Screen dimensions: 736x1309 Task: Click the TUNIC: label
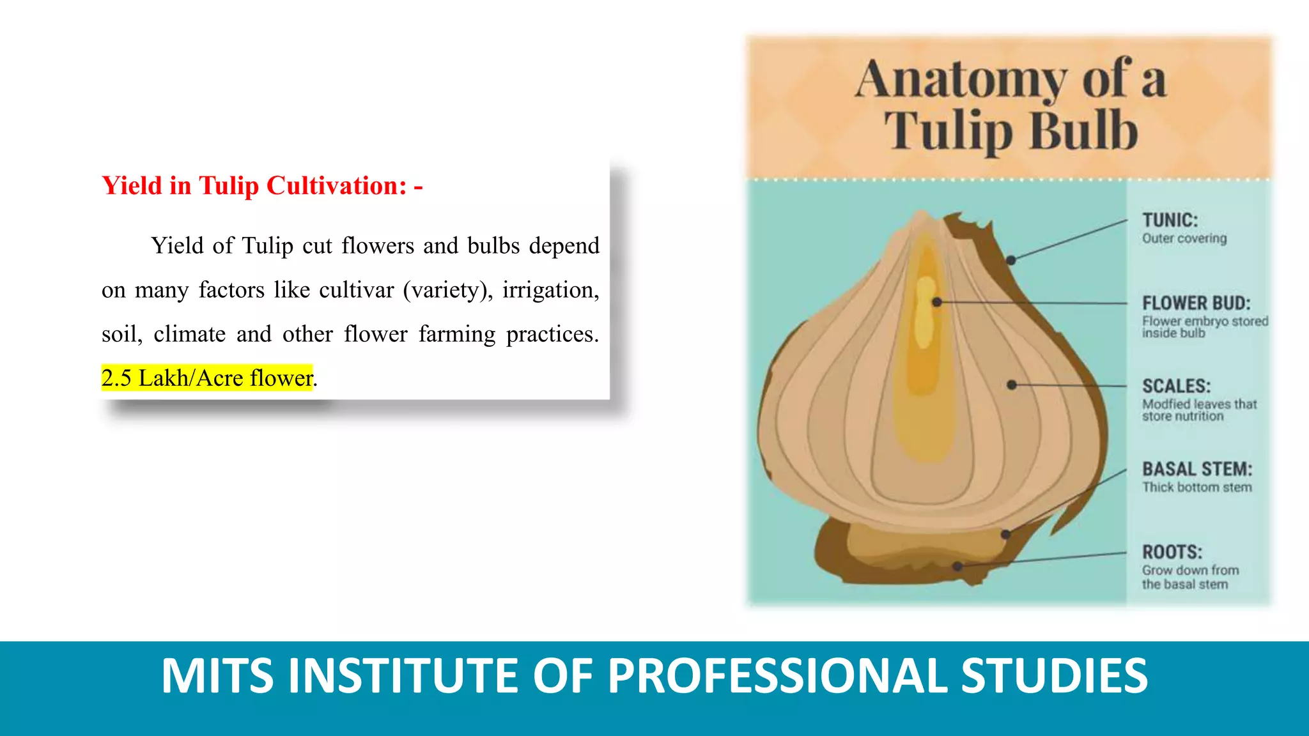pyautogui.click(x=1170, y=220)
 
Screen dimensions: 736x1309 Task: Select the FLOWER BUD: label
pyautogui.click(x=1196, y=303)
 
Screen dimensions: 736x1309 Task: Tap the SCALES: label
pyautogui.click(x=1176, y=386)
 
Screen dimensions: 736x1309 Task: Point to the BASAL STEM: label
pyautogui.click(x=1197, y=469)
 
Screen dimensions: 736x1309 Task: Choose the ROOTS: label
pyautogui.click(x=1172, y=552)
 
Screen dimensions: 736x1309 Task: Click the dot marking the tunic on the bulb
pyautogui.click(x=1011, y=260)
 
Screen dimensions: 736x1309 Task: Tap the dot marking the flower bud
pyautogui.click(x=936, y=302)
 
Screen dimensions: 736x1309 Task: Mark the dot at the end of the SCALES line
pyautogui.click(x=1011, y=385)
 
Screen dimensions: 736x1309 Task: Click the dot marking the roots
pyautogui.click(x=957, y=566)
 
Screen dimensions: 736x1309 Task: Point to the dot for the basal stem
pyautogui.click(x=1006, y=534)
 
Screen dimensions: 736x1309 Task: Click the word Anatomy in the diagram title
pyautogui.click(x=961, y=80)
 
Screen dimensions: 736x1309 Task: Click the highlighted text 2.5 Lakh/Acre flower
pyautogui.click(x=207, y=378)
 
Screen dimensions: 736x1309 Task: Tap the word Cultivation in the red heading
pyautogui.click(x=336, y=186)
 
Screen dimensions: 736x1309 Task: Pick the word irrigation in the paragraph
pyautogui.click(x=550, y=290)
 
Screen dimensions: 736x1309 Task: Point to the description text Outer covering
pyautogui.click(x=1184, y=238)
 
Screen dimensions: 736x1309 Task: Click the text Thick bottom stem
pyautogui.click(x=1197, y=487)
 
